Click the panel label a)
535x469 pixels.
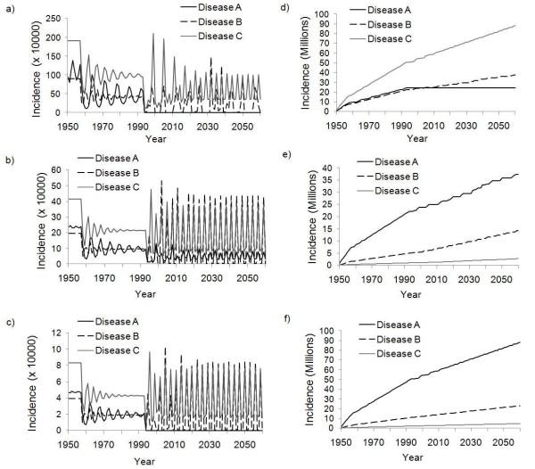tap(10, 9)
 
